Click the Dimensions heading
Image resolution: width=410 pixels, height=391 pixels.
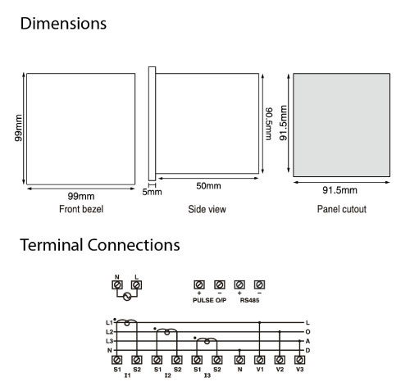[63, 24]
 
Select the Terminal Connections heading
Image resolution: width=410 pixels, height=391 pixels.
[100, 245]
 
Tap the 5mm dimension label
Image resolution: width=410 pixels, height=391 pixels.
[152, 192]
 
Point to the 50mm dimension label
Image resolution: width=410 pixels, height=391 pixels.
[208, 186]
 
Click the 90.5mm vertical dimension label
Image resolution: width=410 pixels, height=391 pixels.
[269, 124]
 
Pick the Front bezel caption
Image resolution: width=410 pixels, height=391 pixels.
[81, 209]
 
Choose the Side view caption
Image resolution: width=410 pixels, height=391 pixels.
[207, 209]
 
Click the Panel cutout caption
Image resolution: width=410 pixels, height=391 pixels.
[342, 209]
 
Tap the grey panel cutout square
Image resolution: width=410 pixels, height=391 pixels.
[342, 125]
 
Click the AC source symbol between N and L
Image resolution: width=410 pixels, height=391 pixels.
[127, 297]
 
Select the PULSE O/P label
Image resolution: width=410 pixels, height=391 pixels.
[210, 300]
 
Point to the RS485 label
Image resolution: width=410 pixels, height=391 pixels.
[249, 300]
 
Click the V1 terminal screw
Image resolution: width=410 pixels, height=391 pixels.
[260, 360]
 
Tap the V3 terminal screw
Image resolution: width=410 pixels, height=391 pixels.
[299, 360]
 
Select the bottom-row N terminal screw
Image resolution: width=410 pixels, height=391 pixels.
[239, 360]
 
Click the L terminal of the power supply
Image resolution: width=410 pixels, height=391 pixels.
[136, 285]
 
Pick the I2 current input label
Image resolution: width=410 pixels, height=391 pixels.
[167, 375]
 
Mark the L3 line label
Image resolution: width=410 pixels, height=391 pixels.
[109, 341]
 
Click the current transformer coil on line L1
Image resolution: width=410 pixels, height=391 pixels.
[127, 322]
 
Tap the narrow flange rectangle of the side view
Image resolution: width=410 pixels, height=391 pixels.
[152, 124]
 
